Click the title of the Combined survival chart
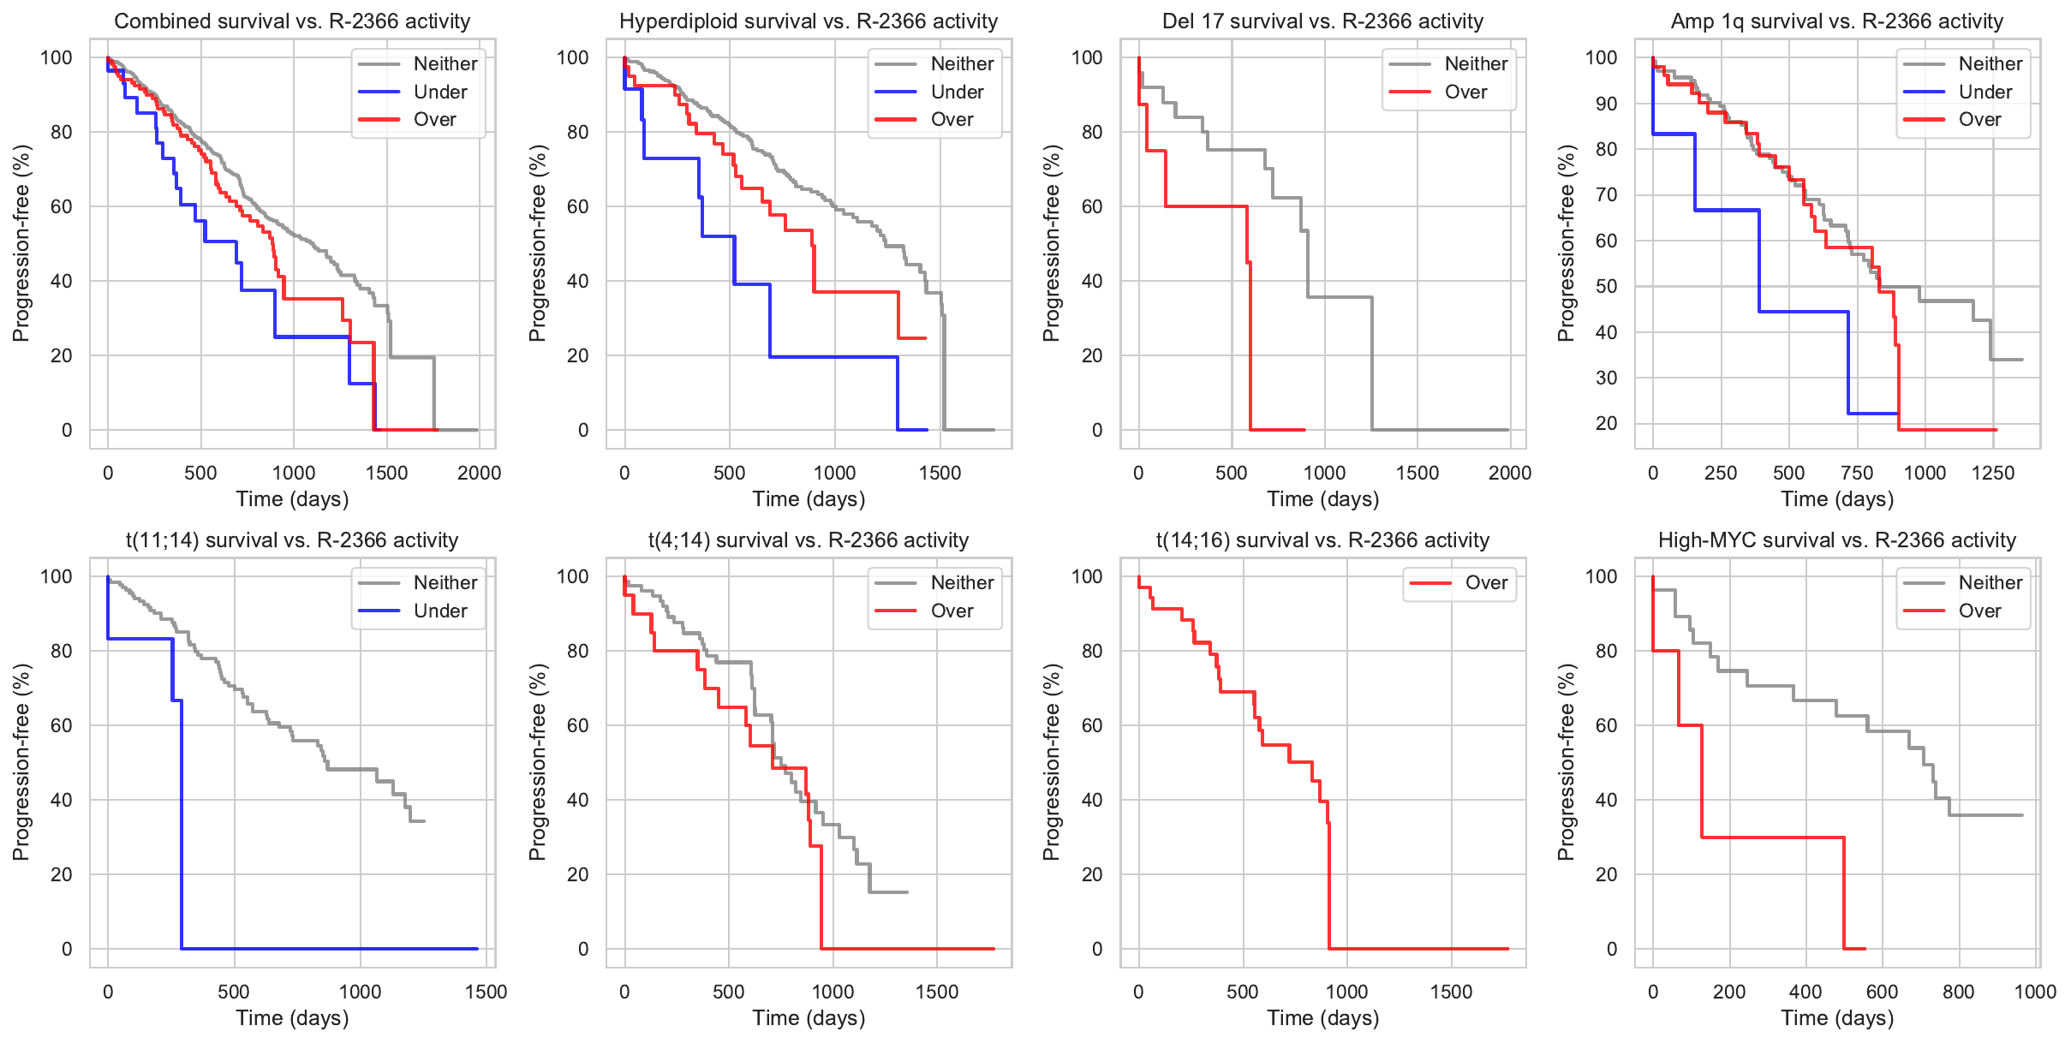292,21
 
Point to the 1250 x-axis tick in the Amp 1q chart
1993,473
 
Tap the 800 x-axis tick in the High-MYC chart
1959,992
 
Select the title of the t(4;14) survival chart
809,540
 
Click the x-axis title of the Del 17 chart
1323,499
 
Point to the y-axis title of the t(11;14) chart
21,762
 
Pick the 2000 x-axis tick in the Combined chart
479,473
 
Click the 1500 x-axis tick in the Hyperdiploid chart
940,473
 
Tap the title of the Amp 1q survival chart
1837,21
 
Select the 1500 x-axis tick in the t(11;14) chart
486,992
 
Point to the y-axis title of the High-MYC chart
1567,762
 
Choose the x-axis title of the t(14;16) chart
1323,1018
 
